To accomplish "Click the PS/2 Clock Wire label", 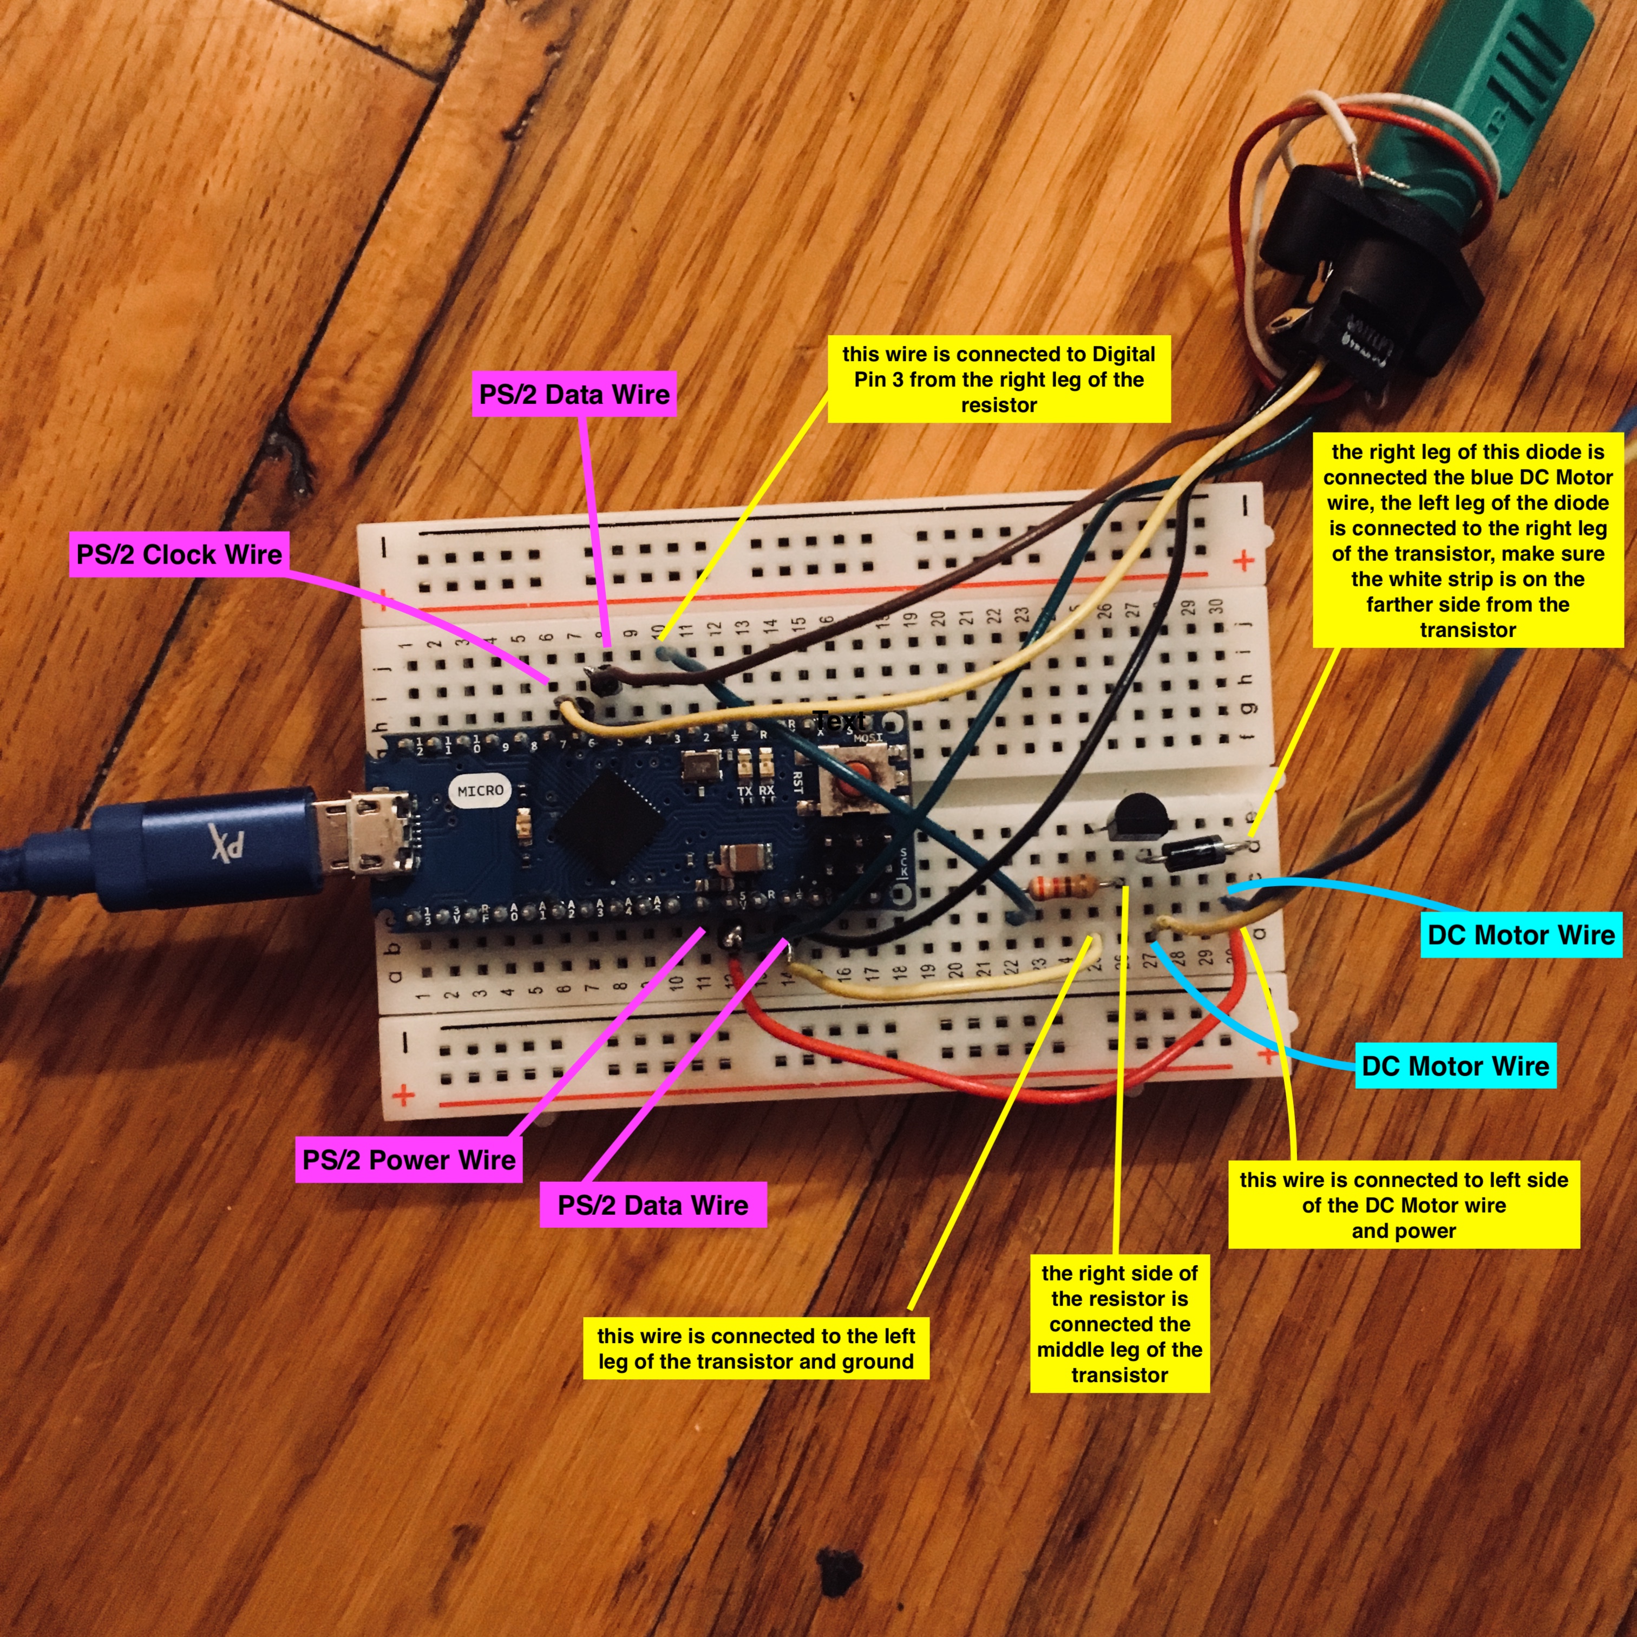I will pos(179,555).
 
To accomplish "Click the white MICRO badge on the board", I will pos(480,790).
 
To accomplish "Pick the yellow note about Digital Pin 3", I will pos(999,379).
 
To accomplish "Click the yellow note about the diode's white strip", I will pos(1468,541).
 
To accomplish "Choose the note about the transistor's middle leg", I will pos(1119,1324).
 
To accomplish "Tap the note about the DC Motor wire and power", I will pos(1404,1205).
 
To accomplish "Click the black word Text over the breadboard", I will pos(840,721).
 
